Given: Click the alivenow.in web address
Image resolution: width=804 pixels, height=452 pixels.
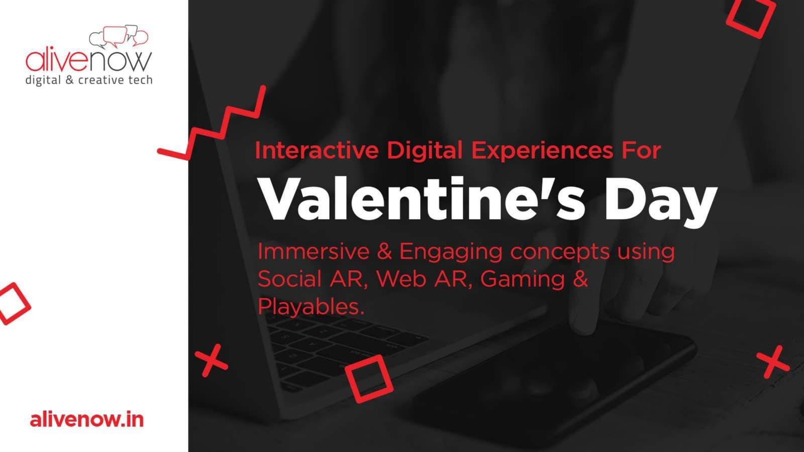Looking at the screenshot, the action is point(87,420).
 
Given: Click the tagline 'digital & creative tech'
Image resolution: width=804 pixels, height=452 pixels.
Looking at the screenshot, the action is point(88,80).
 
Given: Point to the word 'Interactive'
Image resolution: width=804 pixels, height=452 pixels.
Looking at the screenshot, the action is point(317,150).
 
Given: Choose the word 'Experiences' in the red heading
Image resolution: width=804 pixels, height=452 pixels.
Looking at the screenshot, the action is point(542,150).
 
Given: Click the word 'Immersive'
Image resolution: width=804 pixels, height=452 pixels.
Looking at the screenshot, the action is point(314,252).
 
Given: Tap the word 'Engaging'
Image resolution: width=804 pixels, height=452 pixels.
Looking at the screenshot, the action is point(451,253).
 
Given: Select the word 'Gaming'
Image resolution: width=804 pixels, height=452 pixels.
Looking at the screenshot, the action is point(523,280).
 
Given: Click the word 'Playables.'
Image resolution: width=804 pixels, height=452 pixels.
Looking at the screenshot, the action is point(311,307).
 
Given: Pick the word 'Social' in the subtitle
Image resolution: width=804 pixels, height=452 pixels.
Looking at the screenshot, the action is point(289,279).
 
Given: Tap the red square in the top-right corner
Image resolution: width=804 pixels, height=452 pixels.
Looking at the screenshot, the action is point(751,18).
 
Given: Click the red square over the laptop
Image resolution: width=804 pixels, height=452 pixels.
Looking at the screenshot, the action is point(369,379).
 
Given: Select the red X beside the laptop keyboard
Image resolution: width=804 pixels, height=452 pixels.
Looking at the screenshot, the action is point(212,361).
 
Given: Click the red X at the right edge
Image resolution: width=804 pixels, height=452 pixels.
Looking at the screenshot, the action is point(773,362).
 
